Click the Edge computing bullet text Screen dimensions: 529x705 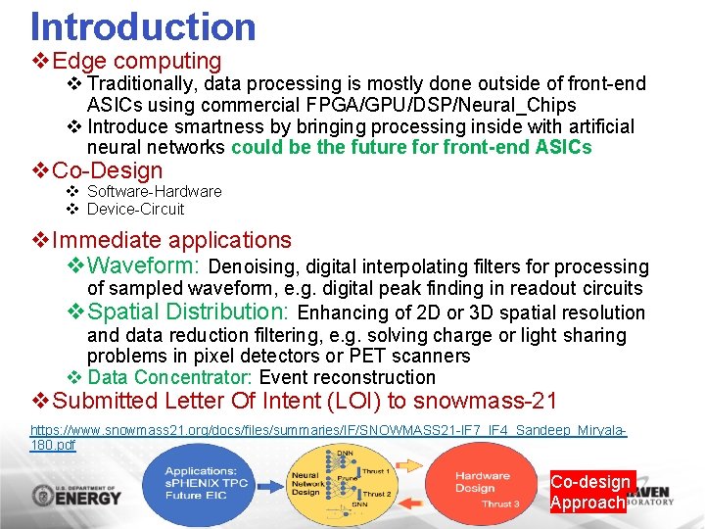[137, 61]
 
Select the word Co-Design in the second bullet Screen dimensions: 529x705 [108, 170]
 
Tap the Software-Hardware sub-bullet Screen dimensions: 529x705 [154, 191]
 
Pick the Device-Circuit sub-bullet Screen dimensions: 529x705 [135, 209]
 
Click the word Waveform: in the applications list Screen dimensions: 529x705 [145, 265]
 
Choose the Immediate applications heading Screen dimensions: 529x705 [171, 240]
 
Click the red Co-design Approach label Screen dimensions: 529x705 [590, 492]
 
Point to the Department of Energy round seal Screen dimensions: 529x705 [46, 495]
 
